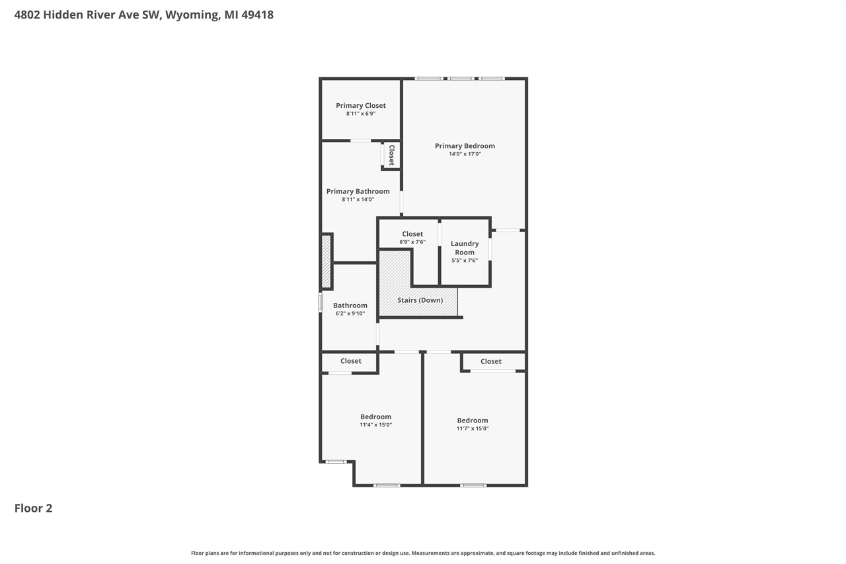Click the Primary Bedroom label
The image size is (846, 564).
465,146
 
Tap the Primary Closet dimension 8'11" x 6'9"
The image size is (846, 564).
361,114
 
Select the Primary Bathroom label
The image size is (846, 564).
358,191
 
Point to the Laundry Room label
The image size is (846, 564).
465,248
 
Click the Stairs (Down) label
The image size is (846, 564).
420,300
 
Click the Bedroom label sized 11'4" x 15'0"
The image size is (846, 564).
375,417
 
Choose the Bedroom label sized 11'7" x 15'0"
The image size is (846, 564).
473,421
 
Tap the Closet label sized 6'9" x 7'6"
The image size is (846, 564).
412,234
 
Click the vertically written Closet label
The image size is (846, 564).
391,155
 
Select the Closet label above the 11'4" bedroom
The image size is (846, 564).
351,361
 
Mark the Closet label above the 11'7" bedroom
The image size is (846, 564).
491,362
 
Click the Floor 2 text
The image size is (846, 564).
33,508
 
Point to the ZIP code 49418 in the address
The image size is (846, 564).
257,15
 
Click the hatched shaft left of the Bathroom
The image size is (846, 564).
326,261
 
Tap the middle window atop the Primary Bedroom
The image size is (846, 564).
461,79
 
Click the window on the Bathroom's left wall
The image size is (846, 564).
321,303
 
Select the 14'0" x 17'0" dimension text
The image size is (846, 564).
465,154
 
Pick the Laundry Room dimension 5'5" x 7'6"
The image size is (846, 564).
465,261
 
